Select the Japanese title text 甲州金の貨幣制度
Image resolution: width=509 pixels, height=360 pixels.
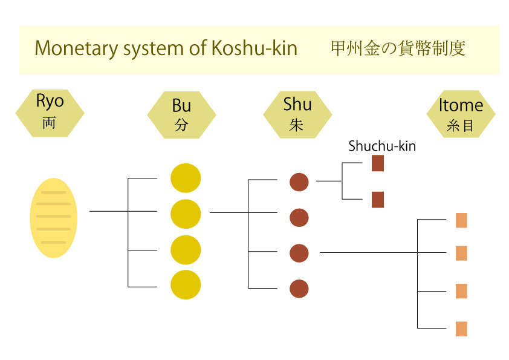[397, 48]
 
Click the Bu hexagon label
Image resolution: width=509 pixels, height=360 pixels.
[181, 114]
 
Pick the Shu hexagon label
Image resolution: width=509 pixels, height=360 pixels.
[297, 114]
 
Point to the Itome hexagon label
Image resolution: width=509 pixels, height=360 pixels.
[461, 114]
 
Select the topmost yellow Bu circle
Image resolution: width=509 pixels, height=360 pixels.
[186, 178]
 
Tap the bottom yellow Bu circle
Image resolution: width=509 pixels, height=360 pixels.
[186, 284]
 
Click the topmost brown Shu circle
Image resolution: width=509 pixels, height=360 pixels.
[299, 182]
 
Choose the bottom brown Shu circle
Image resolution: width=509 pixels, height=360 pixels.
[299, 289]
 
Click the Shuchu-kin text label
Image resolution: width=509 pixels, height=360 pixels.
[382, 146]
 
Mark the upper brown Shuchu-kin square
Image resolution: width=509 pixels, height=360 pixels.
[378, 163]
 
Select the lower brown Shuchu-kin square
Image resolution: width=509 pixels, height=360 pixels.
[378, 200]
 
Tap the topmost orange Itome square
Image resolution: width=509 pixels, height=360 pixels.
[461, 220]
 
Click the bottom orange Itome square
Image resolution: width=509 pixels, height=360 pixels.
[461, 329]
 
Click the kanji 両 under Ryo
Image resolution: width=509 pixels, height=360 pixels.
[49, 123]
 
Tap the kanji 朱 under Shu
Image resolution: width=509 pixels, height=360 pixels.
[297, 125]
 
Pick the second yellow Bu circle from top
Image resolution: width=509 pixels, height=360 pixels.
[186, 214]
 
